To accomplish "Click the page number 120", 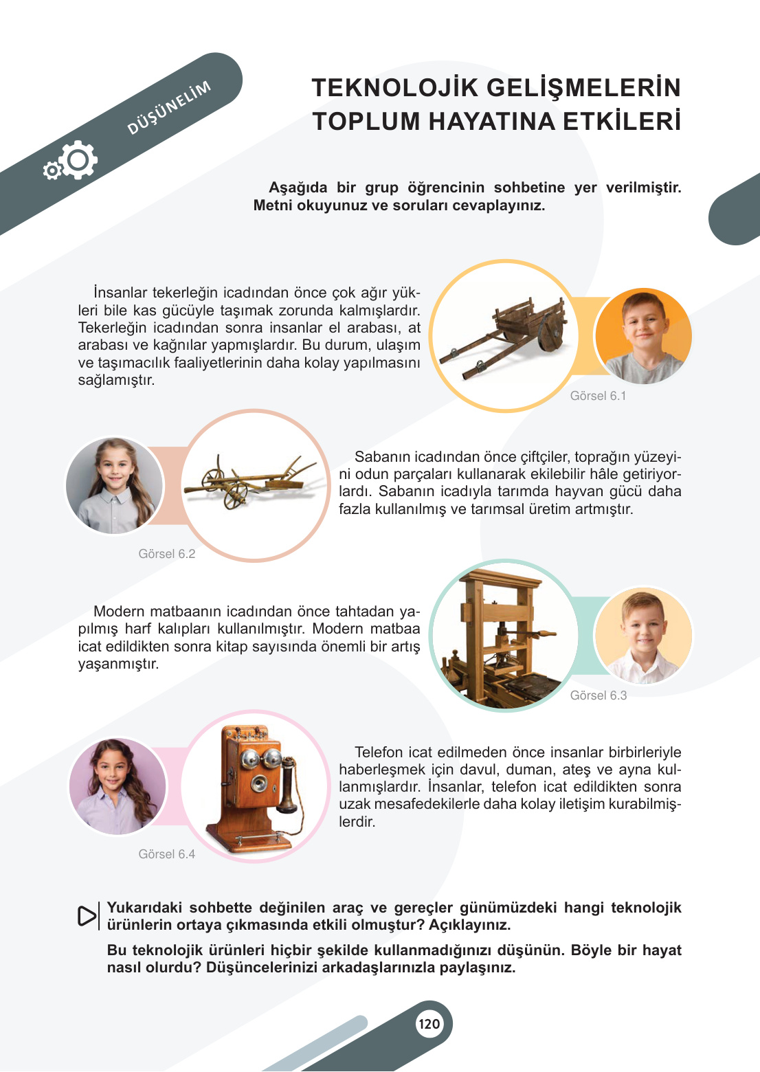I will pos(429,1024).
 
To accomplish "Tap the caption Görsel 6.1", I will pos(598,396).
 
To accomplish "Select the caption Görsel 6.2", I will pos(166,554).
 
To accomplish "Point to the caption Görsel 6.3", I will pos(598,695).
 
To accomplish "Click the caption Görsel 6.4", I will pos(166,854).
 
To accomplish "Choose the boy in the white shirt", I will pos(642,636).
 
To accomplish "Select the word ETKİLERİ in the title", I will pos(622,122).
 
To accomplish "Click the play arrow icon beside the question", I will pos(87,916).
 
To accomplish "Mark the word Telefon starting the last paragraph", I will pos(379,752).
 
